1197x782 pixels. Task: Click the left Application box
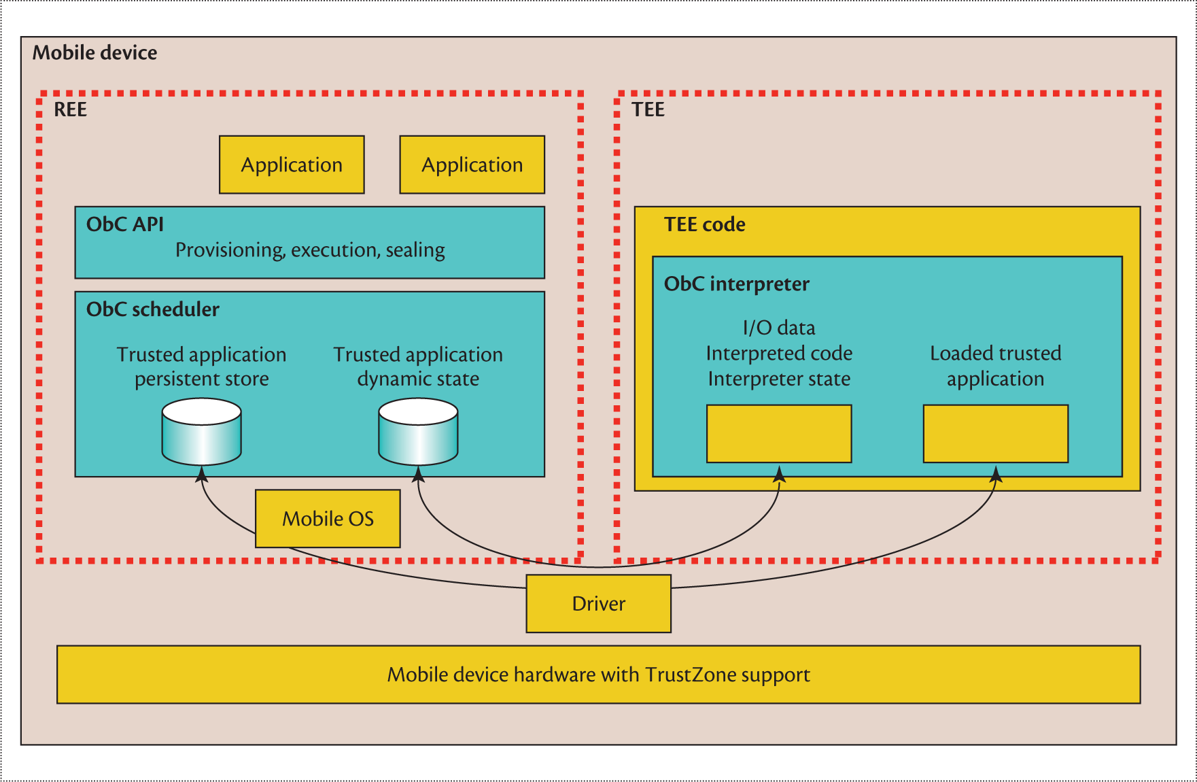292,165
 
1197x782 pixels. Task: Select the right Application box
472,165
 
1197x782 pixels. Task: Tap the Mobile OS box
328,519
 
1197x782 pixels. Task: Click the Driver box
598,604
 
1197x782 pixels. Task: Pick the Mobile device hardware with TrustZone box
598,675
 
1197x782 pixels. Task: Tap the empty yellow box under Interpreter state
779,434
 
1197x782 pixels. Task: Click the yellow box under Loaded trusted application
995,434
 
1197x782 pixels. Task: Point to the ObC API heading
125,224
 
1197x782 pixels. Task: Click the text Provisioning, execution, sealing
310,250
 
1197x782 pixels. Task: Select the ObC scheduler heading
153,309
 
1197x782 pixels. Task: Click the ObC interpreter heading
736,284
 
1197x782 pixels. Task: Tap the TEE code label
704,224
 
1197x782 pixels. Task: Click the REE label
70,109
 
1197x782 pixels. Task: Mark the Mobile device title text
94,53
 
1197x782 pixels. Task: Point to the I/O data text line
778,328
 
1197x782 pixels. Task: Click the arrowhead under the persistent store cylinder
201,473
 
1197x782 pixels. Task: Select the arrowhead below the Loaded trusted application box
995,473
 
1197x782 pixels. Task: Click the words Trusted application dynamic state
418,367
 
